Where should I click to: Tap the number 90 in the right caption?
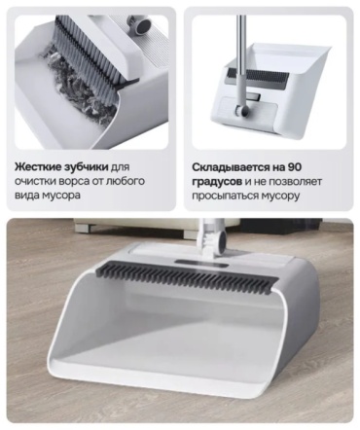tap(295, 167)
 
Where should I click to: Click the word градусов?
tap(217, 182)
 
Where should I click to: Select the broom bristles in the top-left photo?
tap(86, 54)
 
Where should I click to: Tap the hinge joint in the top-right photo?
tap(242, 111)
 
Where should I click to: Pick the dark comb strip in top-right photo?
tap(259, 77)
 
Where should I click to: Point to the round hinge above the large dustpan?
tap(221, 236)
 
